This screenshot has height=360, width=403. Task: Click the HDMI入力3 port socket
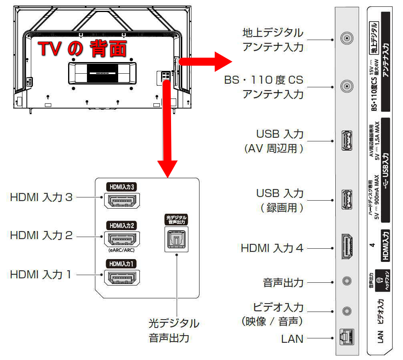tap(121, 200)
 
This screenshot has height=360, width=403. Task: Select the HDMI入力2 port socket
tap(121, 239)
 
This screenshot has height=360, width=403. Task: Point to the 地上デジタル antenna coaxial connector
tap(347, 39)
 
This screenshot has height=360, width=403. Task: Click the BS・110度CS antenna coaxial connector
tap(347, 86)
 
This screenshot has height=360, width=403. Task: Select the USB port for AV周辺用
tap(347, 141)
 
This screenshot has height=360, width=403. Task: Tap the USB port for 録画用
tap(347, 199)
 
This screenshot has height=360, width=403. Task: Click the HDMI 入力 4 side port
tap(347, 247)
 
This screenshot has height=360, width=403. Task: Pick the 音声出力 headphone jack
tap(347, 282)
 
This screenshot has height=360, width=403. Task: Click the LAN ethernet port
tap(347, 337)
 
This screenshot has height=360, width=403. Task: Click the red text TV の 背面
tap(83, 49)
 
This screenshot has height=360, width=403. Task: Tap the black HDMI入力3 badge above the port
tap(121, 187)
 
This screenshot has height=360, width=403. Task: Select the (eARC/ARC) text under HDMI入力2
tap(121, 250)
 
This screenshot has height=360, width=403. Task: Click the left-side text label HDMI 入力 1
tap(41, 275)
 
